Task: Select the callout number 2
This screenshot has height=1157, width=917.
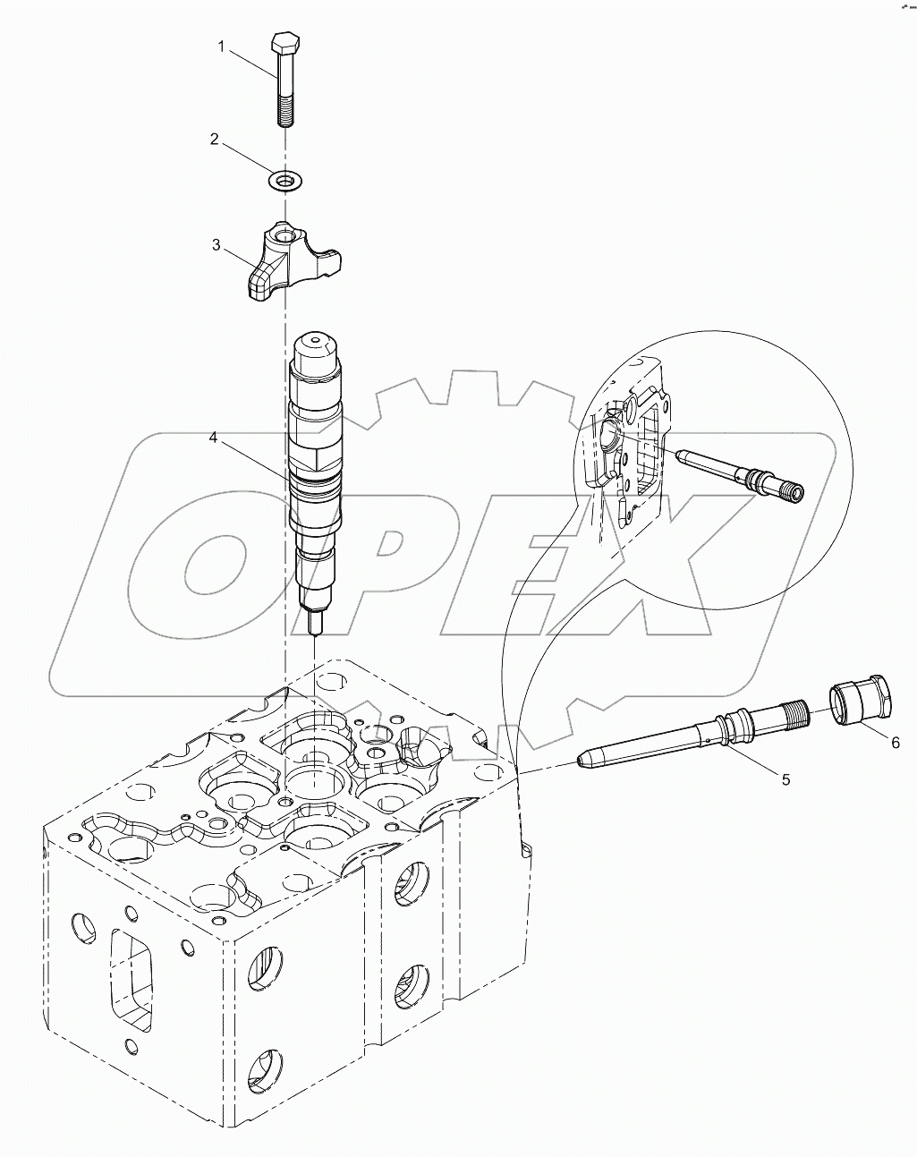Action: (x=215, y=139)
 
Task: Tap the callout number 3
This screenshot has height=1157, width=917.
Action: (x=216, y=244)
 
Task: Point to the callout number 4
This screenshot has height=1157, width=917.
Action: (x=214, y=438)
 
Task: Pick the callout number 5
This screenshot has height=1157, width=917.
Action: (x=785, y=779)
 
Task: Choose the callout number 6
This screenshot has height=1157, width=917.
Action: (x=895, y=742)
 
